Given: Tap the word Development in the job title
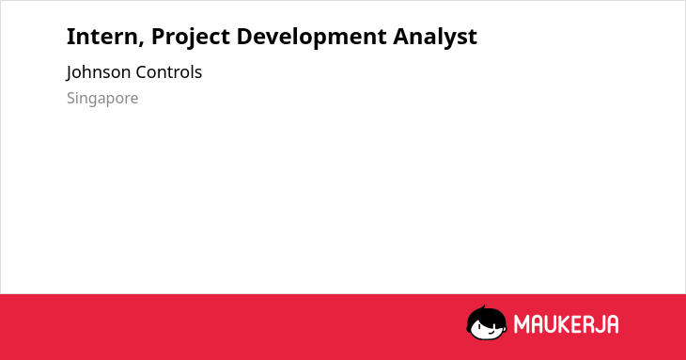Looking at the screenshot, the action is point(311,38).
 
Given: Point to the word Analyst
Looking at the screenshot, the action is point(435,38).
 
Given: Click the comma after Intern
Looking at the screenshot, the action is point(142,43).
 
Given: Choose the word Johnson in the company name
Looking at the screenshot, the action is point(99,72).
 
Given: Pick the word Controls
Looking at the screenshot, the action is point(168,72).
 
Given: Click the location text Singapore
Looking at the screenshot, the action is point(102,99).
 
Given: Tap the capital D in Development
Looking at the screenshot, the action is point(244,37).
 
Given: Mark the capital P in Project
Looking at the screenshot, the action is point(159,37).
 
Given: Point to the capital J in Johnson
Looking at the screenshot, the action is point(70,73).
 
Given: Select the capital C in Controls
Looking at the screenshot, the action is point(141,72).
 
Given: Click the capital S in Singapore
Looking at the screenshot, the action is point(71,98).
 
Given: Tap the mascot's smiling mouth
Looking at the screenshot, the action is point(491,331).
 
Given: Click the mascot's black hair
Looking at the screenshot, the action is point(486,316).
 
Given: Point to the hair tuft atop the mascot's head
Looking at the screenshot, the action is point(483,307).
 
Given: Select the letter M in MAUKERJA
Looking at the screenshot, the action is point(521,324).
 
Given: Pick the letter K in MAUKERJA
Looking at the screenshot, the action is point(565,324).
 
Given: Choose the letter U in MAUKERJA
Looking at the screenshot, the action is point(550,324).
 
